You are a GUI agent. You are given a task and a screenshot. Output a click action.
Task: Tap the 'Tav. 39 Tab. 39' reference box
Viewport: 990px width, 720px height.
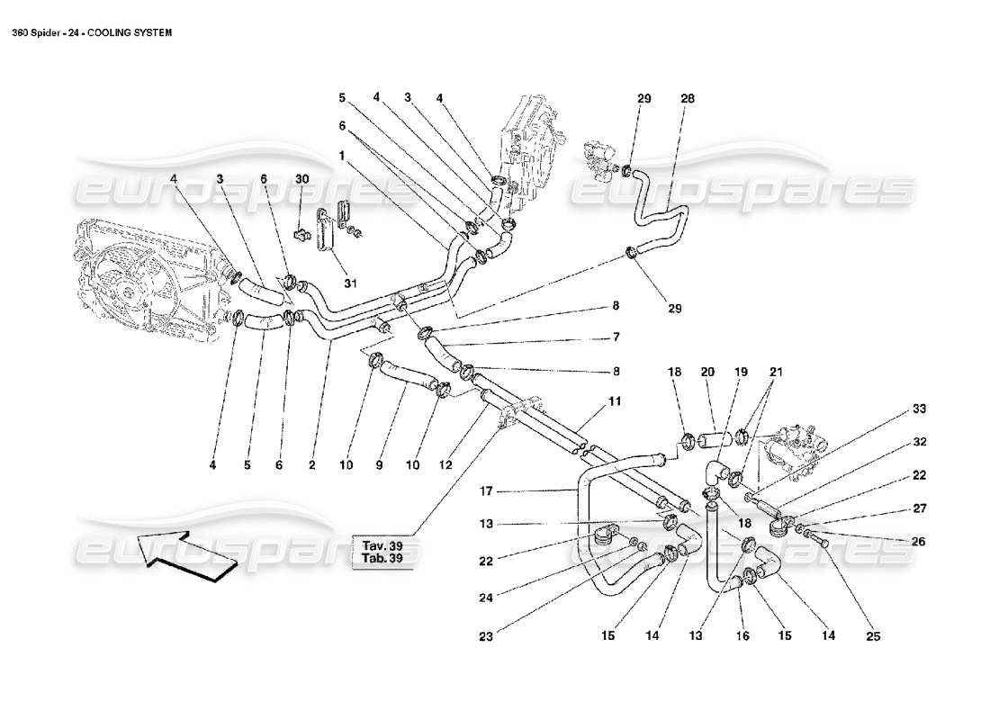pos(382,551)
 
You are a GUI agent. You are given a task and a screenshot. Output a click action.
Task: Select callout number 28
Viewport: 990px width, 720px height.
pos(688,101)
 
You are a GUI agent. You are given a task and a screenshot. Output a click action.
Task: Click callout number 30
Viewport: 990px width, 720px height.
pos(301,178)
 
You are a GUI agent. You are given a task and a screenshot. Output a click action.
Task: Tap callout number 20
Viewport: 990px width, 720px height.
pos(707,371)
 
